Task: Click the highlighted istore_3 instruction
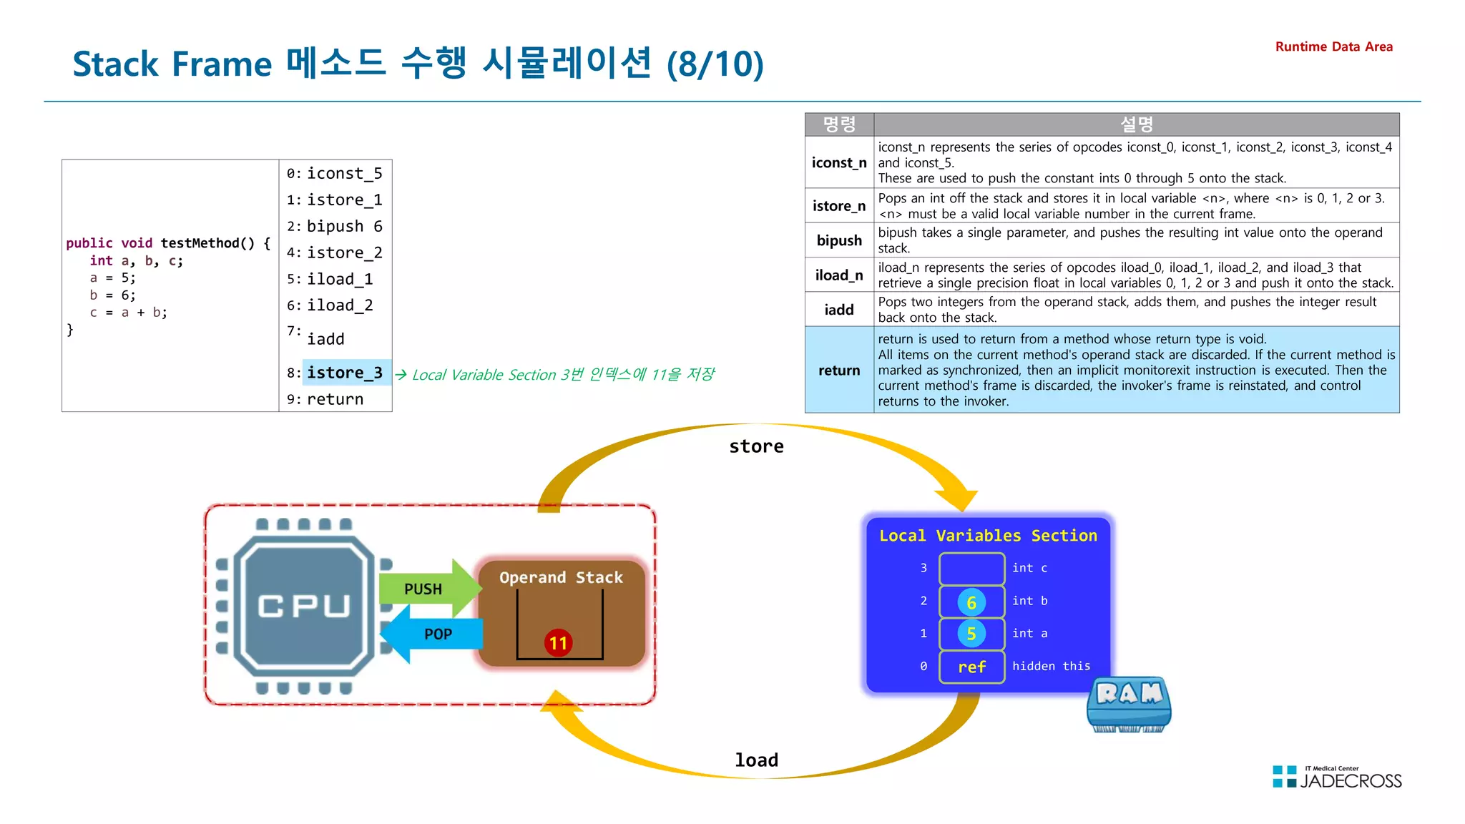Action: [345, 373]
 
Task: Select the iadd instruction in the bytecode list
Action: [325, 339]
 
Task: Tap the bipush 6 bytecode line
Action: [344, 227]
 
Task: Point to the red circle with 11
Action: [558, 642]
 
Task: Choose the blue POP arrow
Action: [433, 634]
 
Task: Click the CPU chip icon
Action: [305, 606]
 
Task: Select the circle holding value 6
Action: [971, 602]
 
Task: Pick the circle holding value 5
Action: [971, 634]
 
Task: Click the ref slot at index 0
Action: [971, 667]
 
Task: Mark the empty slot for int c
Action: [971, 569]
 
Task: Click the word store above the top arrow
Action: [756, 446]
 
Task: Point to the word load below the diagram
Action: [756, 760]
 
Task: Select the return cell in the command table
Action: [839, 371]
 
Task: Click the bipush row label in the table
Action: [839, 240]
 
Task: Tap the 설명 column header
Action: [1136, 124]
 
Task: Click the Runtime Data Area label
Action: [1333, 46]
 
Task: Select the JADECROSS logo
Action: [1337, 778]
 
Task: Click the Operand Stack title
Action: [561, 577]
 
